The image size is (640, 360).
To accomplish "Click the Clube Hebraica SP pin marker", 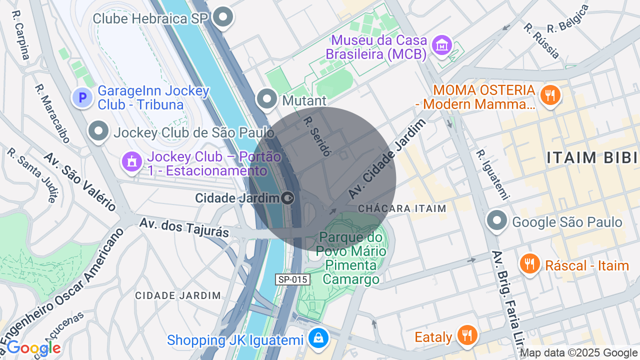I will click(x=223, y=17).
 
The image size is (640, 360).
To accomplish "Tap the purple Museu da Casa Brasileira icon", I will click(x=442, y=46).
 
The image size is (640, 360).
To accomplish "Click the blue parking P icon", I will click(x=82, y=97).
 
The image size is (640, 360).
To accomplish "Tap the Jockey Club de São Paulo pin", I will click(x=98, y=132).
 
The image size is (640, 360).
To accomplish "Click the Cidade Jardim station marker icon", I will click(x=287, y=198).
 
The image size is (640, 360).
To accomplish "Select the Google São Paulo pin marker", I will click(x=497, y=220).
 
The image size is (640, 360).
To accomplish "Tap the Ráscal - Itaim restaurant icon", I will click(x=529, y=264).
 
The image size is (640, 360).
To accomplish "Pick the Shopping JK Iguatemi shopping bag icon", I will click(x=318, y=339).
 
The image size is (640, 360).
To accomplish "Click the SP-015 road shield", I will click(x=292, y=279).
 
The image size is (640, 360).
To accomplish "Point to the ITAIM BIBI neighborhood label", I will click(x=592, y=157).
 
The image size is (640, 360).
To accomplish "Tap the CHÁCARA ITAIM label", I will click(x=402, y=208).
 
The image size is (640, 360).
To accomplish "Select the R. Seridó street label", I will click(x=317, y=136).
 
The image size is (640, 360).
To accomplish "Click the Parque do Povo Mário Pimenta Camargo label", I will click(x=351, y=258).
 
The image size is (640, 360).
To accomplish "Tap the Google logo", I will click(x=33, y=348).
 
